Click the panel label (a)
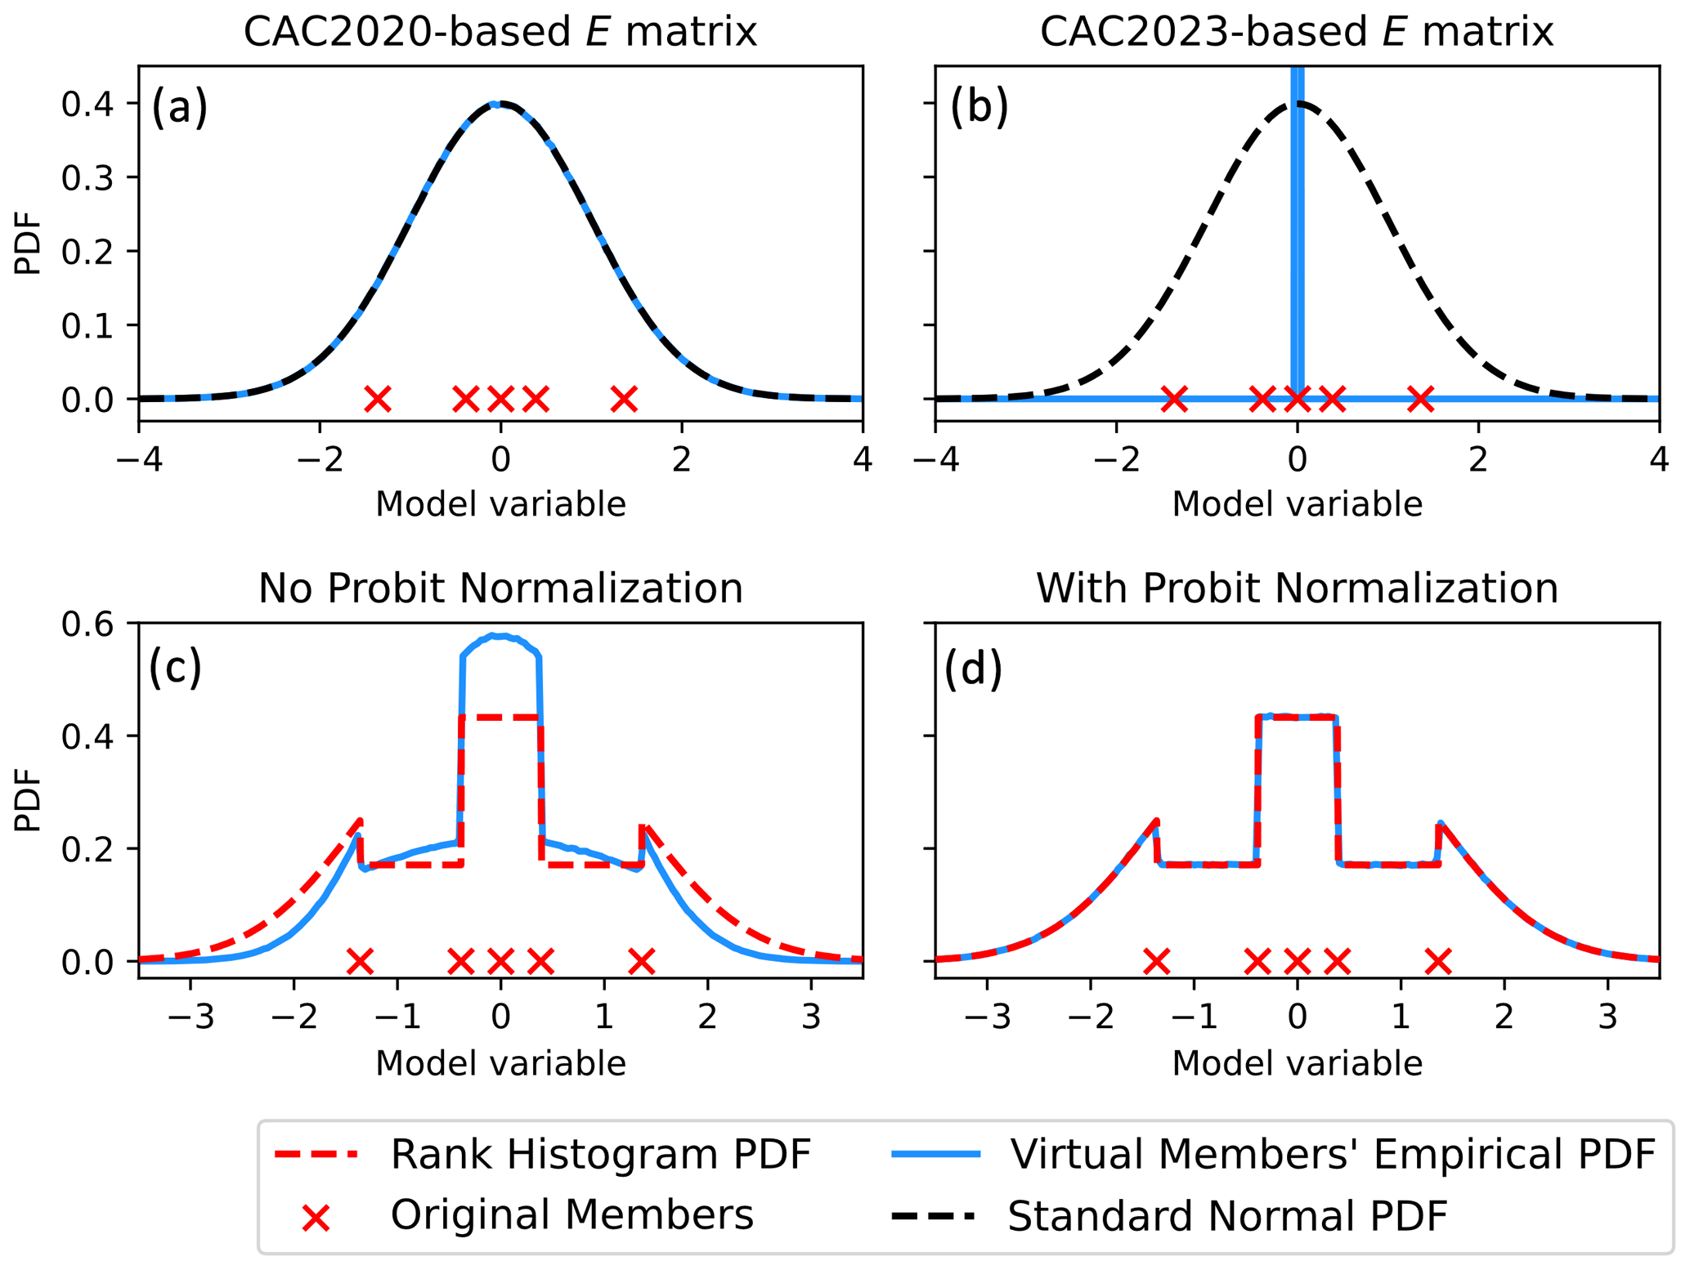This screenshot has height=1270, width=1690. click(x=179, y=107)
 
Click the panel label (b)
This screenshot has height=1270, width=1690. click(x=978, y=107)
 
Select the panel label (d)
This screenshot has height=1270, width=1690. click(x=972, y=669)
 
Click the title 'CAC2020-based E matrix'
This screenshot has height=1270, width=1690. click(x=500, y=33)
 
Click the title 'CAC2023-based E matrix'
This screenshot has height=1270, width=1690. click(x=1296, y=33)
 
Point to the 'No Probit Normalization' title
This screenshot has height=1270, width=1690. click(x=500, y=588)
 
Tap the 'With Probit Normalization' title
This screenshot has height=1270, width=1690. click(x=1296, y=588)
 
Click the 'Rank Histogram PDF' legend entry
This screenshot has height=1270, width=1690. click(x=600, y=1154)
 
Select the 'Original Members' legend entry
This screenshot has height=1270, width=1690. click(x=572, y=1215)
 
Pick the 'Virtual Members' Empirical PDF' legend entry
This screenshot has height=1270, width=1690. click(x=1332, y=1154)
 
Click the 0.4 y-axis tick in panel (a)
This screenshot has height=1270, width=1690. click(x=87, y=104)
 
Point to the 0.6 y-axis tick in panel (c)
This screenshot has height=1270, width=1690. click(x=87, y=624)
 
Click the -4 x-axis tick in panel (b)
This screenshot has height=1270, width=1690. click(x=935, y=461)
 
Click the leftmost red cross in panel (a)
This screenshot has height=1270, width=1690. click(x=377, y=399)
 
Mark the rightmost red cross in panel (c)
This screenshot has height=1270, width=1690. click(x=642, y=961)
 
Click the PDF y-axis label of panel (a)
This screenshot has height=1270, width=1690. click(x=28, y=244)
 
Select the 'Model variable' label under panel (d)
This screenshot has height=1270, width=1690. click(x=1296, y=1063)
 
